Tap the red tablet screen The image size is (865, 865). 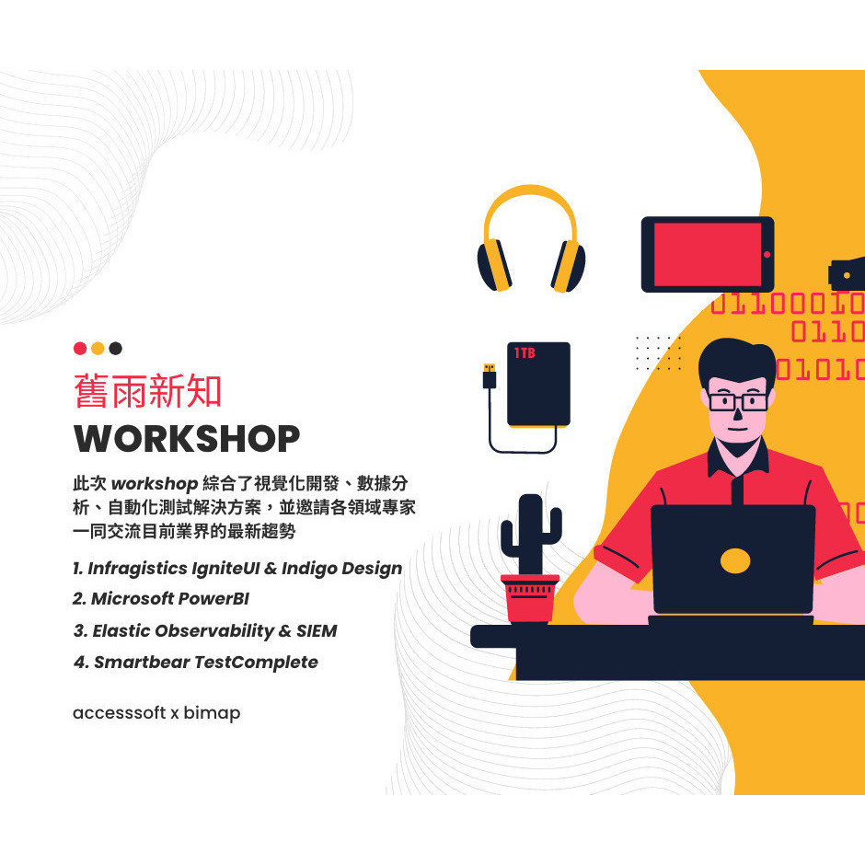click(x=707, y=254)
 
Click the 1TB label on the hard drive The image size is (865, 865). click(x=525, y=353)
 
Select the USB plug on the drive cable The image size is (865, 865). click(x=489, y=376)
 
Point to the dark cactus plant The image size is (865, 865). click(x=530, y=534)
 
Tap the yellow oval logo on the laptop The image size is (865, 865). click(x=734, y=559)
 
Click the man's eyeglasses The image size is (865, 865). click(x=738, y=400)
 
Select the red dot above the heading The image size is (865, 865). click(x=80, y=349)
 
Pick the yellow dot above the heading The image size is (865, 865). click(x=98, y=349)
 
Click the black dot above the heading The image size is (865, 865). click(x=115, y=349)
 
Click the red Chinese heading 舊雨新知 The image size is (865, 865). click(x=147, y=390)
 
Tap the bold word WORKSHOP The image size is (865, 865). click(x=187, y=439)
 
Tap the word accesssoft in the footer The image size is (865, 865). click(x=119, y=713)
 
